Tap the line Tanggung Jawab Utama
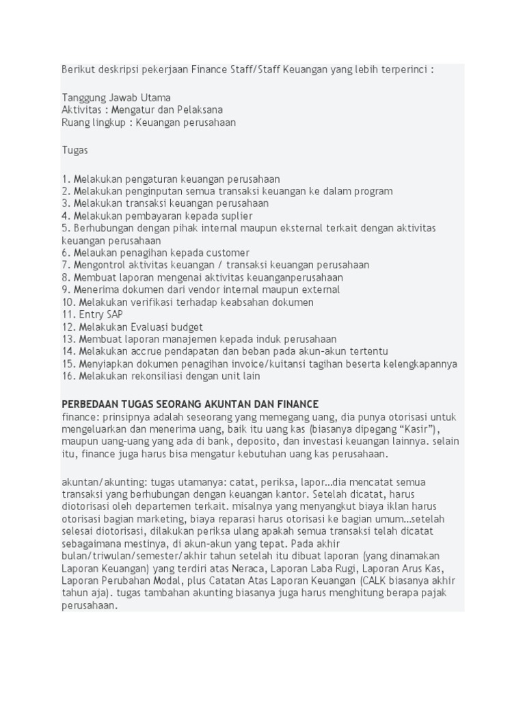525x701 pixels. coord(116,97)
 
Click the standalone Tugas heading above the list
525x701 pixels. coord(75,150)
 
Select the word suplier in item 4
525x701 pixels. coord(236,216)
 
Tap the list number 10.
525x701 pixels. coord(68,302)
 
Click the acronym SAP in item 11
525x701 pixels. coord(114,314)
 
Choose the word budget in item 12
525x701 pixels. coord(187,327)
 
